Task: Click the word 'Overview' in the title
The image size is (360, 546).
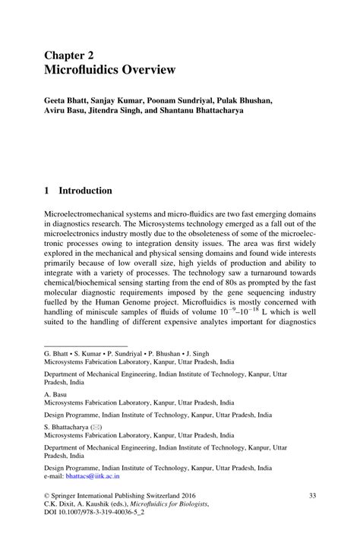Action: [x=146, y=70]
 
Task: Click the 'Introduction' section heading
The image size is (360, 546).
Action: [x=86, y=191]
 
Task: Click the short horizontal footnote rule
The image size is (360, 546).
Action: [x=75, y=346]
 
